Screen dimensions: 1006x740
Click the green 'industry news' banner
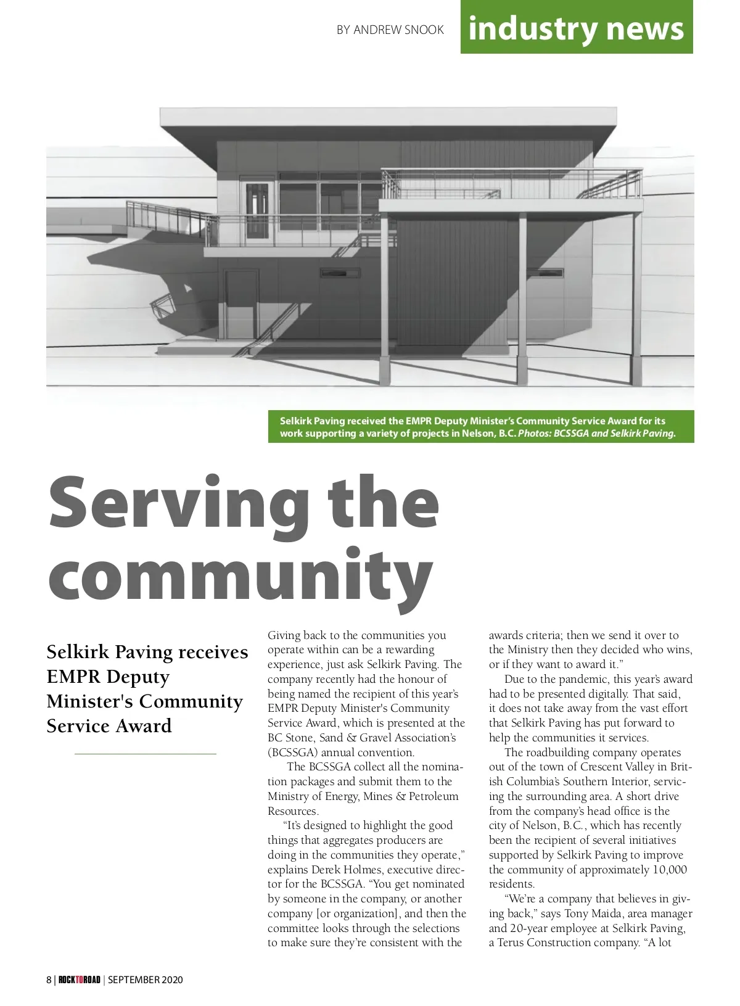pyautogui.click(x=576, y=28)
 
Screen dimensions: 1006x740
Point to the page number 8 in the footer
pyautogui.click(x=49, y=980)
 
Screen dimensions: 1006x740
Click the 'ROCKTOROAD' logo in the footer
pyautogui.click(x=79, y=980)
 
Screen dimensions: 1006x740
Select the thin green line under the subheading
pyautogui.click(x=146, y=754)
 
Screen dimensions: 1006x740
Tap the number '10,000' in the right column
pyautogui.click(x=668, y=870)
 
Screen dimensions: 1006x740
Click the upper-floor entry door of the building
pyautogui.click(x=258, y=210)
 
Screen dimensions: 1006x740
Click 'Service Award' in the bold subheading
pyautogui.click(x=109, y=726)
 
